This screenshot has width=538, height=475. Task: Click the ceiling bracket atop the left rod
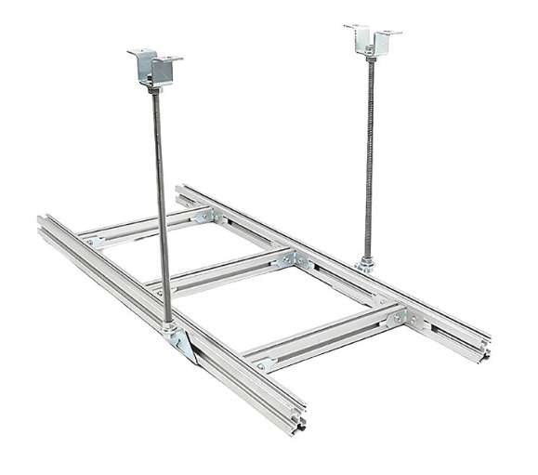pyautogui.click(x=154, y=66)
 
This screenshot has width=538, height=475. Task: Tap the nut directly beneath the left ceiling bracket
pyautogui.click(x=155, y=89)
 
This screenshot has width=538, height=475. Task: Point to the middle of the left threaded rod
pyautogui.click(x=162, y=205)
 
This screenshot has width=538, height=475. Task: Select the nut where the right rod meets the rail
pyautogui.click(x=367, y=264)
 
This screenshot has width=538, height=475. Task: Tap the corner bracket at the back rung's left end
pyautogui.click(x=93, y=242)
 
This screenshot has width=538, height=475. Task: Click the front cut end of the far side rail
pyautogui.click(x=483, y=350)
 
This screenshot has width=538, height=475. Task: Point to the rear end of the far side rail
pyautogui.click(x=180, y=192)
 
